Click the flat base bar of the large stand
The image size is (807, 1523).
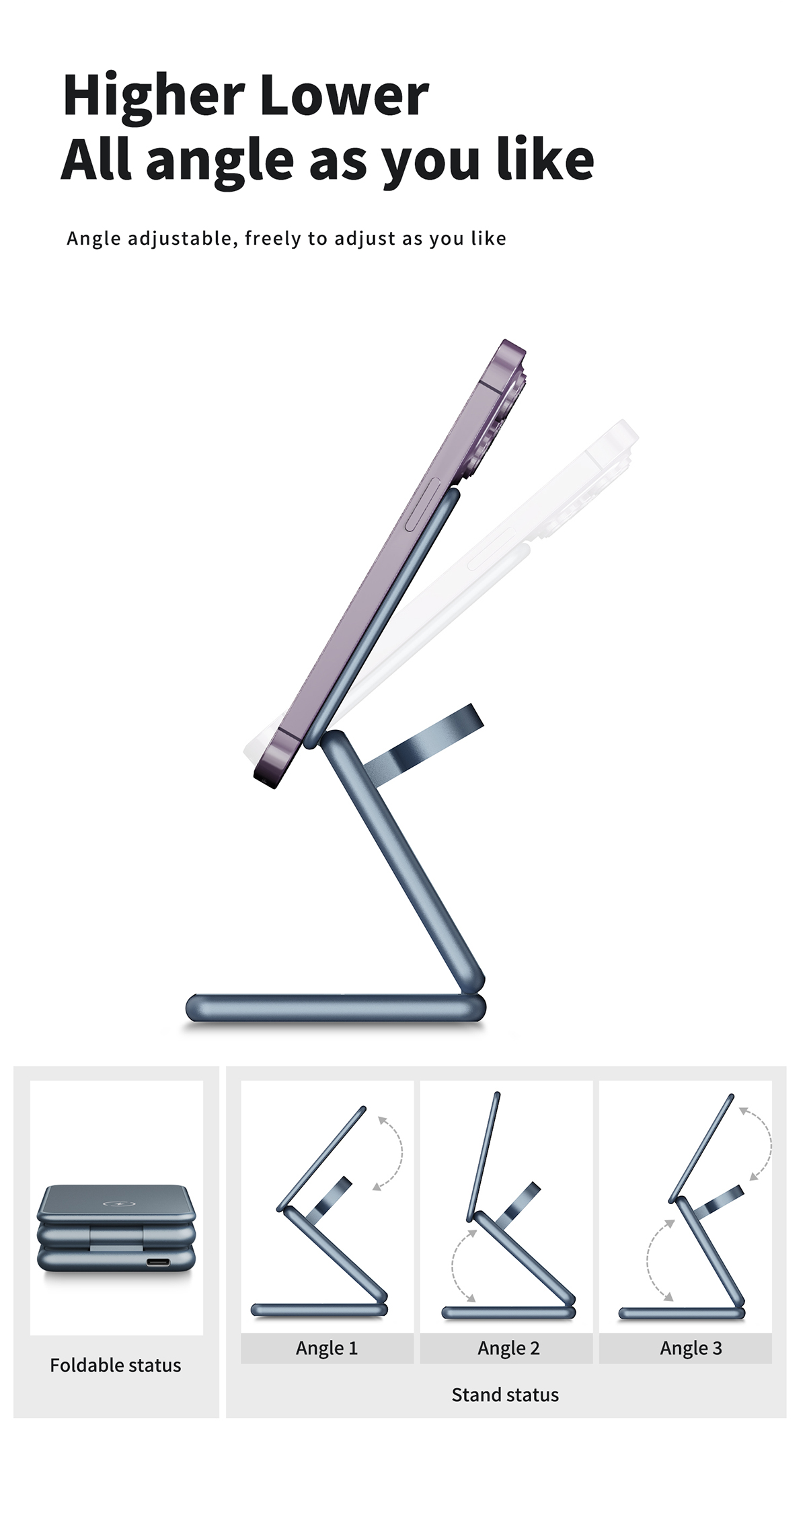(336, 1008)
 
